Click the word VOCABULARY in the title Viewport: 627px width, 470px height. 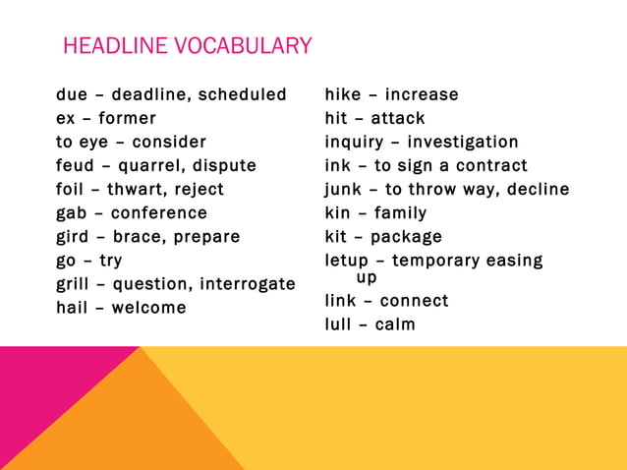[x=247, y=46]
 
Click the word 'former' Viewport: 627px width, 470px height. [x=127, y=119]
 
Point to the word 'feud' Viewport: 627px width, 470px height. [x=76, y=165]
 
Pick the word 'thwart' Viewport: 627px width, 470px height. [x=138, y=189]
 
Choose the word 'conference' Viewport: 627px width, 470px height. [x=158, y=212]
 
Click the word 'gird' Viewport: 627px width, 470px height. [x=74, y=236]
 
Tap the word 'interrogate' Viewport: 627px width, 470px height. [x=248, y=284]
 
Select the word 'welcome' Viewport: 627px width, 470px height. [x=148, y=308]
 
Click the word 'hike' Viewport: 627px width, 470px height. [x=343, y=95]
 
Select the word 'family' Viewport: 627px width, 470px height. [x=400, y=212]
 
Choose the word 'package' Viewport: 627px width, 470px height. [x=406, y=237]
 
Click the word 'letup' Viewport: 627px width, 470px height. [x=347, y=261]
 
